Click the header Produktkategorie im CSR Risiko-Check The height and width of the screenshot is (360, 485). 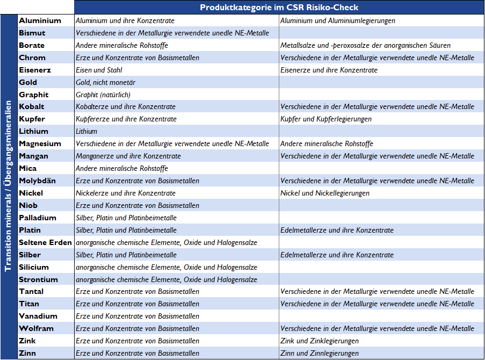pyautogui.click(x=279, y=8)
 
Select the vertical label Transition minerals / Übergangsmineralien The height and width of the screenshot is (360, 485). pyautogui.click(x=9, y=186)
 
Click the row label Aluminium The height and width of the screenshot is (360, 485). pyautogui.click(x=40, y=20)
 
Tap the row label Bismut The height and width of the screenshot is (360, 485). pyautogui.click(x=32, y=33)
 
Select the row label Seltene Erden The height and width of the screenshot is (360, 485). pyautogui.click(x=45, y=242)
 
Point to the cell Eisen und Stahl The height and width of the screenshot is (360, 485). pyautogui.click(x=99, y=70)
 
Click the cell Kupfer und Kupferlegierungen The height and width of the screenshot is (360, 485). pyautogui.click(x=325, y=119)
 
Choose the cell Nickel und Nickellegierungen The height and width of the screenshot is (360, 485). pyautogui.click(x=324, y=193)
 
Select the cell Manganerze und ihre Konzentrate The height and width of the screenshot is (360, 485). pyautogui.click(x=128, y=156)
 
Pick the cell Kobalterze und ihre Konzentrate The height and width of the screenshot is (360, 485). pyautogui.click(x=126, y=106)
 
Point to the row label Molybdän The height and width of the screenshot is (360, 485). pyautogui.click(x=37, y=181)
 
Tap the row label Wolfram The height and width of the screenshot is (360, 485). pyautogui.click(x=35, y=328)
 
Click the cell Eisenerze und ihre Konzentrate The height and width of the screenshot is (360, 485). pyautogui.click(x=329, y=70)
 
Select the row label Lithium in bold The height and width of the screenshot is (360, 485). pyautogui.click(x=33, y=131)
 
